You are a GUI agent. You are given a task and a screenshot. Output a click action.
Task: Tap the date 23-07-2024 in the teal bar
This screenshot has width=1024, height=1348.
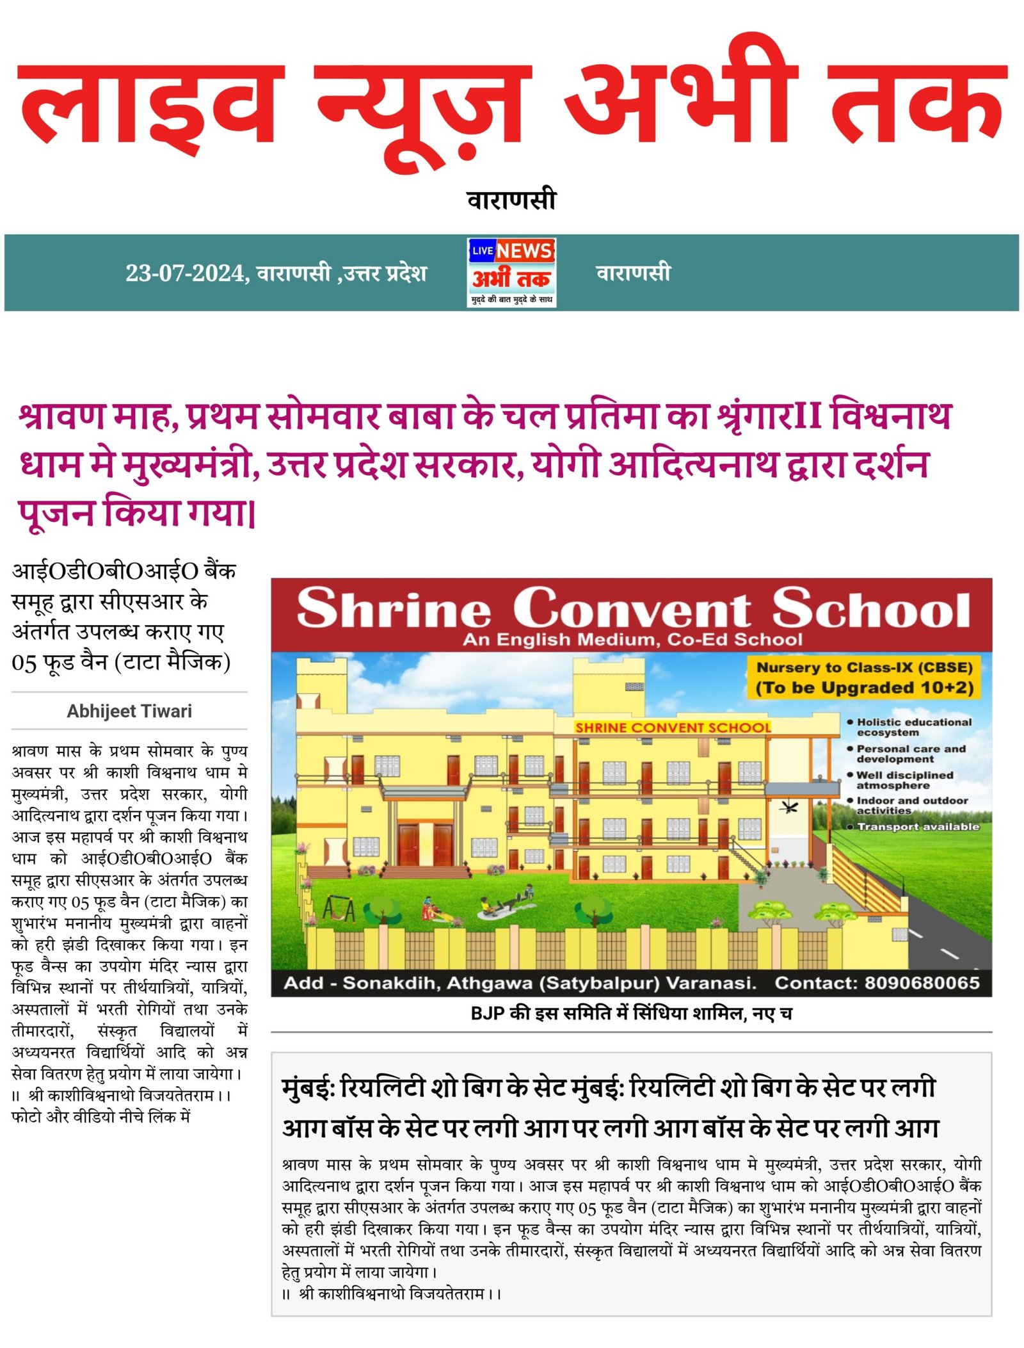pos(186,273)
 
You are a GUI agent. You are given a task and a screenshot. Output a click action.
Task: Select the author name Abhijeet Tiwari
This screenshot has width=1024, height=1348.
pos(129,711)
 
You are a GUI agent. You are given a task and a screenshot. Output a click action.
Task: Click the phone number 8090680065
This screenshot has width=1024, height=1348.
pos(922,983)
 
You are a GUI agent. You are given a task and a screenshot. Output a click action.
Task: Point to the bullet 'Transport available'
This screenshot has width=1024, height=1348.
pos(917,827)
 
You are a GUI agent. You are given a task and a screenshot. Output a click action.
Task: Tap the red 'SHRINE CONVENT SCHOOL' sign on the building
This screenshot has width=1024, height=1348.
pos(673,727)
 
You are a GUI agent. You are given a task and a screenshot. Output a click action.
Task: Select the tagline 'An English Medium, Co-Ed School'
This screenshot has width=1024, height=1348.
pos(632,640)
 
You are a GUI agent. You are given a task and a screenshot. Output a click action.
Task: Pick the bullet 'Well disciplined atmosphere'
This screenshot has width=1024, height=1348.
pos(904,780)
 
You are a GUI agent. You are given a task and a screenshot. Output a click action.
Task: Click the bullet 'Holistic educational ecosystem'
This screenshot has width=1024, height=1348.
pos(913,727)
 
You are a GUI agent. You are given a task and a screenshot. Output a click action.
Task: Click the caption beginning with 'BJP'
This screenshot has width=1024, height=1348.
pos(631,1013)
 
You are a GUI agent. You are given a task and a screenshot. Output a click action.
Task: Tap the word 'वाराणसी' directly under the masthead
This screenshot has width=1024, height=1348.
pos(511,200)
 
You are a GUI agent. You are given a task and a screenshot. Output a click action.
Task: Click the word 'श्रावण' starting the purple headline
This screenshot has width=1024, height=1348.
pos(61,416)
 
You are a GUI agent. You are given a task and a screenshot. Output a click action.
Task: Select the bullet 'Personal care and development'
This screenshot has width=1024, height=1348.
pos(910,754)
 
